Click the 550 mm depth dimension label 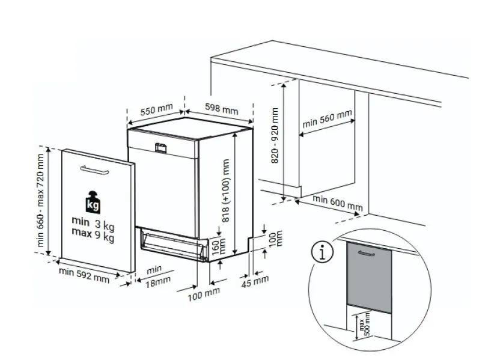[x=157, y=109]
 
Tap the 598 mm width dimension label [x=221, y=109]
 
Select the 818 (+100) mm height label [x=226, y=191]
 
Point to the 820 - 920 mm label [x=274, y=135]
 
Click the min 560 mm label [x=327, y=118]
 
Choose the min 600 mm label [x=337, y=203]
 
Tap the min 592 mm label [x=84, y=276]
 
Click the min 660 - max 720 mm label [x=40, y=200]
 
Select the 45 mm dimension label [x=255, y=281]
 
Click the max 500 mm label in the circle [x=364, y=324]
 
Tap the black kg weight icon [x=93, y=202]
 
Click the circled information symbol [x=323, y=252]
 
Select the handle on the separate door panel [x=94, y=170]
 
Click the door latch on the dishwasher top [x=160, y=148]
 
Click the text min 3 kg [x=93, y=223]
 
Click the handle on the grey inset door [x=367, y=253]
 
